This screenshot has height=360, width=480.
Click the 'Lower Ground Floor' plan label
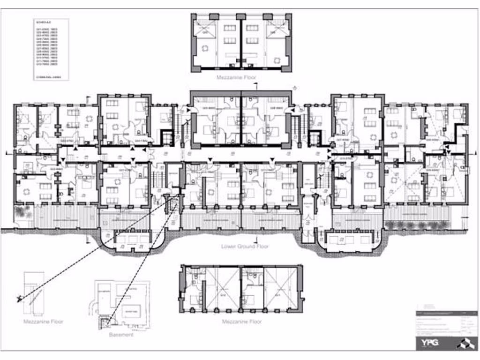click(245, 246)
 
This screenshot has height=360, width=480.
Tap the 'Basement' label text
click(121, 335)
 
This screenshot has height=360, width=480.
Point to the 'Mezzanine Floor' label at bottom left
click(43, 322)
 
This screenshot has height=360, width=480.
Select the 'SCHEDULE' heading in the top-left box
click(42, 22)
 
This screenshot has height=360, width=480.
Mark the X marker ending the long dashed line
click(18, 298)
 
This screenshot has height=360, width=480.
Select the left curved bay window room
click(132, 241)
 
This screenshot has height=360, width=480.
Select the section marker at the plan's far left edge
click(6, 153)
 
